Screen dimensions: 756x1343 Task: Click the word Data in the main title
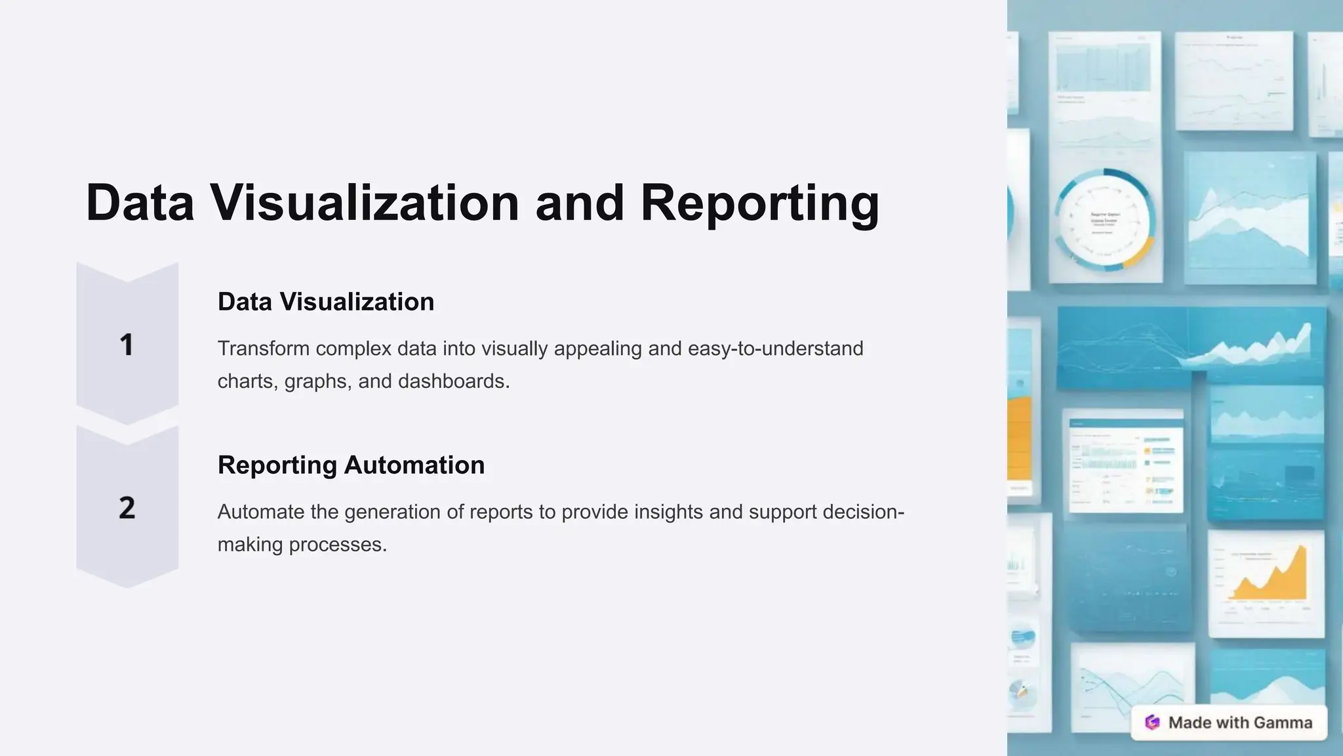[140, 203]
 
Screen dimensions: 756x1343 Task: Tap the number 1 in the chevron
[127, 345]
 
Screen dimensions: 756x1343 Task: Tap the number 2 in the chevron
[127, 508]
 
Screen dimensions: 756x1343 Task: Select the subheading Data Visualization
[326, 302]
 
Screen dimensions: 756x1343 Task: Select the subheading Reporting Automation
[351, 465]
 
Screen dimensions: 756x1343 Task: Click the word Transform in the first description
[263, 348]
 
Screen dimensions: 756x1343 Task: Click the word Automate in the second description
[260, 512]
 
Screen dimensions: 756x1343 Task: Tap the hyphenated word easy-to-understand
[775, 348]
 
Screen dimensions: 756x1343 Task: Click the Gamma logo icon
[1152, 723]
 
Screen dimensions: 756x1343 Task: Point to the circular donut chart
[1105, 220]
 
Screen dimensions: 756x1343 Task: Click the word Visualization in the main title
[365, 203]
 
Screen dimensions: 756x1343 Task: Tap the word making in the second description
[250, 545]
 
